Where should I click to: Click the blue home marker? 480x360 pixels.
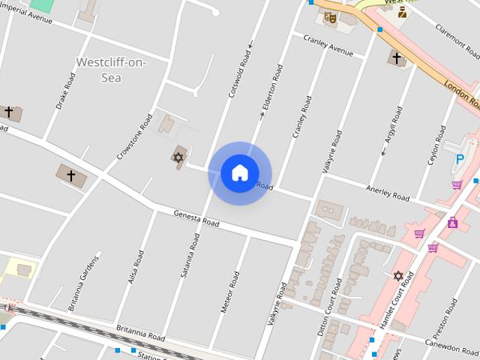coord(239,172)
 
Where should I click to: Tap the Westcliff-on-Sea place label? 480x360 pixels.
coord(111,69)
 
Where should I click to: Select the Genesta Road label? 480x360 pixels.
coord(196,219)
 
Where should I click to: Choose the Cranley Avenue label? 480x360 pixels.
coord(328,46)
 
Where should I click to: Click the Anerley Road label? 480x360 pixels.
coord(387,192)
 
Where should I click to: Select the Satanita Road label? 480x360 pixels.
coord(190,255)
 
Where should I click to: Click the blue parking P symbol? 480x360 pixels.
coord(460,158)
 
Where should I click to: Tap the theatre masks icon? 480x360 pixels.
coord(331,16)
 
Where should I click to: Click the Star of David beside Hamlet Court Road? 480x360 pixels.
coord(398,276)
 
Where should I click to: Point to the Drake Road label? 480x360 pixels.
coord(65,91)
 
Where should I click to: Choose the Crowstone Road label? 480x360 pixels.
coord(129,136)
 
